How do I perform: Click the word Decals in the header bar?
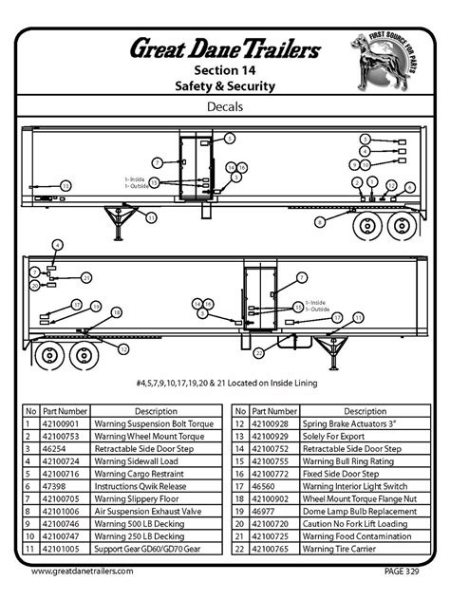point(225,107)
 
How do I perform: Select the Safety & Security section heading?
point(225,86)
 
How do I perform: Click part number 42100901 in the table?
point(63,424)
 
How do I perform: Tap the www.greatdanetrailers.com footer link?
point(83,572)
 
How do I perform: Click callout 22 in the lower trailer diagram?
point(258,353)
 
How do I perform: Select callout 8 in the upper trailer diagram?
point(320,220)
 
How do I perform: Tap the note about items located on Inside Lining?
point(225,383)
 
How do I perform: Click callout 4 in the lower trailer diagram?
point(58,244)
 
